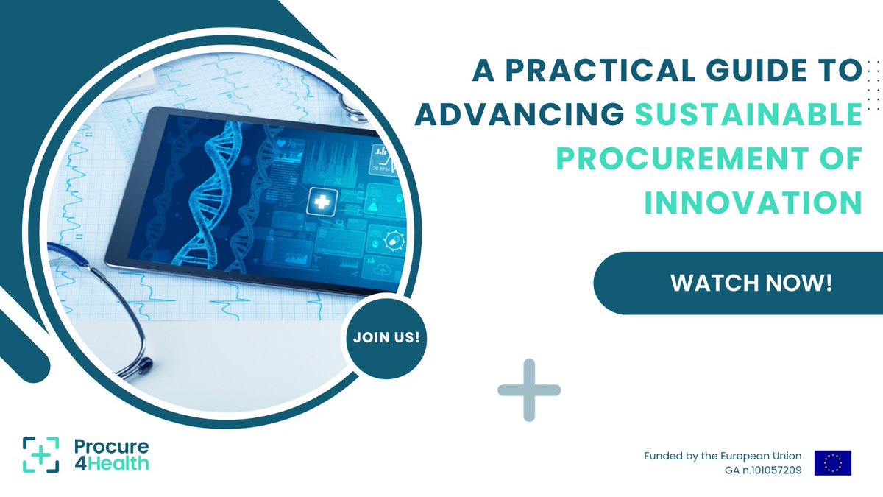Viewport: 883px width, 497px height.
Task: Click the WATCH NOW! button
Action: [751, 283]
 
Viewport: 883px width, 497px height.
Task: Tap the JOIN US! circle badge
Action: [386, 338]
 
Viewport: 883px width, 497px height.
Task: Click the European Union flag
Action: [832, 463]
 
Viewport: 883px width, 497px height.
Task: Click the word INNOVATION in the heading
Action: [753, 202]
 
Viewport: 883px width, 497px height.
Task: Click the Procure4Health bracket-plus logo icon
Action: [40, 454]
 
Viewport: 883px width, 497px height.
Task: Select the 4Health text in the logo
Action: [112, 463]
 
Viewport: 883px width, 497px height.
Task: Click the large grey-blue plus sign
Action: [529, 390]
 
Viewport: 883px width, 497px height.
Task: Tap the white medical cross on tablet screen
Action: [321, 200]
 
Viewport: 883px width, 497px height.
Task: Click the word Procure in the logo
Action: [111, 446]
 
